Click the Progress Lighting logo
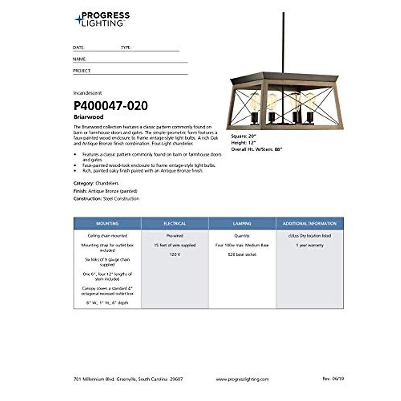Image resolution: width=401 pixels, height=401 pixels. (x=102, y=19)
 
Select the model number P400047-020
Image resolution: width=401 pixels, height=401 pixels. (x=111, y=106)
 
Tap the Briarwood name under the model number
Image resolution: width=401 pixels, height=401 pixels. (x=89, y=117)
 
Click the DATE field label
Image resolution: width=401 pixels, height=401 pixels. (x=79, y=48)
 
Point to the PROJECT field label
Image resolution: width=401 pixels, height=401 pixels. (x=82, y=71)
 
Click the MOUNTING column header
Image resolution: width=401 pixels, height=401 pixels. (x=107, y=223)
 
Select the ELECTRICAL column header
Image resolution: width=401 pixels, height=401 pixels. (x=175, y=223)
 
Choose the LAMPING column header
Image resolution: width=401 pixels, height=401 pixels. (x=242, y=223)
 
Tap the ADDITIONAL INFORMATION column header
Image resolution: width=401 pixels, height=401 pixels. (x=309, y=223)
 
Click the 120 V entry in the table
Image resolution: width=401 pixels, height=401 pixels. (x=175, y=254)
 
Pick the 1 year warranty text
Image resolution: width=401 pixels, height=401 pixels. (x=310, y=245)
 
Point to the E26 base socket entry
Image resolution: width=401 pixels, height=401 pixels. (x=242, y=254)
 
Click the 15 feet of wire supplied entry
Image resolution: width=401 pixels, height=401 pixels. (x=175, y=245)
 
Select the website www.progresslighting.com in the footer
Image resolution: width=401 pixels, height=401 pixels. (x=242, y=379)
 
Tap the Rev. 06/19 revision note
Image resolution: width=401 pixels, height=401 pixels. (x=333, y=379)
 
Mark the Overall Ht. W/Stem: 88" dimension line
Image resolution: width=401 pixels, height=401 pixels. (x=257, y=149)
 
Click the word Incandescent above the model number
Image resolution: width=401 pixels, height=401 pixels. (x=88, y=93)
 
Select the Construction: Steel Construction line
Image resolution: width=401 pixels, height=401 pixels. (x=106, y=198)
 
